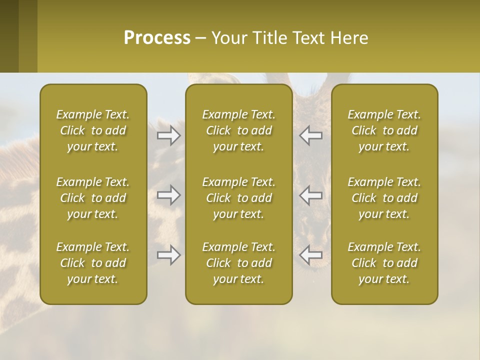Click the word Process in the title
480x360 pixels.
pyautogui.click(x=157, y=38)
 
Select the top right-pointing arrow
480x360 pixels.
pyautogui.click(x=169, y=135)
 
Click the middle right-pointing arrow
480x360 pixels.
pyautogui.click(x=169, y=195)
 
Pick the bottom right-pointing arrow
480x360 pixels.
pyautogui.click(x=169, y=255)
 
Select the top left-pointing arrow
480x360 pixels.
pyautogui.click(x=311, y=135)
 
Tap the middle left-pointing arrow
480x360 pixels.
pyautogui.click(x=311, y=195)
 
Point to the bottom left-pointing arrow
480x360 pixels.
pyautogui.click(x=311, y=255)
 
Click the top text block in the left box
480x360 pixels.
pyautogui.click(x=93, y=130)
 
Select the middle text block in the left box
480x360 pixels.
pyautogui.click(x=93, y=198)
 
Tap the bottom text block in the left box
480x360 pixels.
pyautogui.click(x=93, y=263)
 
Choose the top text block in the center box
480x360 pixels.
pyautogui.click(x=239, y=130)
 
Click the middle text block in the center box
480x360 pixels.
pyautogui.click(x=239, y=198)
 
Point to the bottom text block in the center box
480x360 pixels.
pyautogui.click(x=239, y=263)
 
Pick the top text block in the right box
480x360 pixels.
pyautogui.click(x=384, y=130)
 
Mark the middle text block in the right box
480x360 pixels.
pyautogui.click(x=384, y=198)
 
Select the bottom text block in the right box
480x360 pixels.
pyautogui.click(x=384, y=263)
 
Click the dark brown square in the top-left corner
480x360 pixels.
pyautogui.click(x=9, y=36)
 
